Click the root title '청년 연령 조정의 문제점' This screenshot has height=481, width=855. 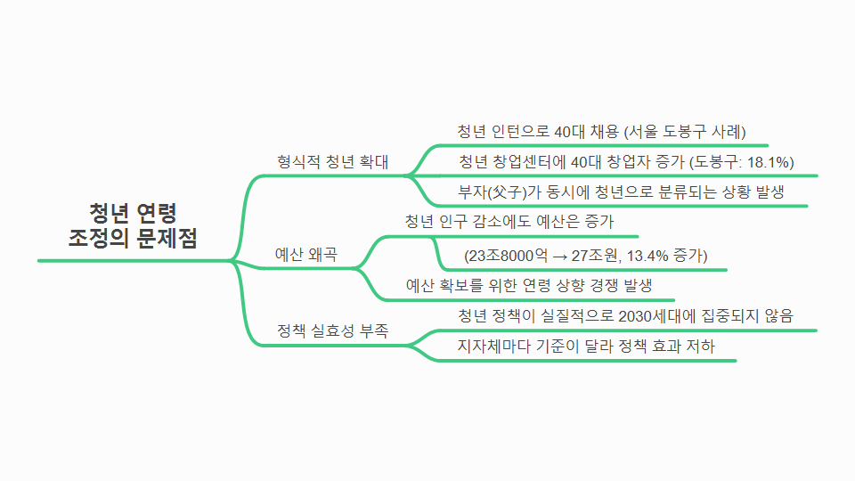point(133,225)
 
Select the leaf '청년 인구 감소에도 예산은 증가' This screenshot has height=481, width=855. point(509,221)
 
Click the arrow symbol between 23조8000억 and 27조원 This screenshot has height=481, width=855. point(559,256)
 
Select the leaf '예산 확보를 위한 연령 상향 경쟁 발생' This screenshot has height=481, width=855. point(529,286)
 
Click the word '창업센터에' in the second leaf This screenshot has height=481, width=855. point(532,162)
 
